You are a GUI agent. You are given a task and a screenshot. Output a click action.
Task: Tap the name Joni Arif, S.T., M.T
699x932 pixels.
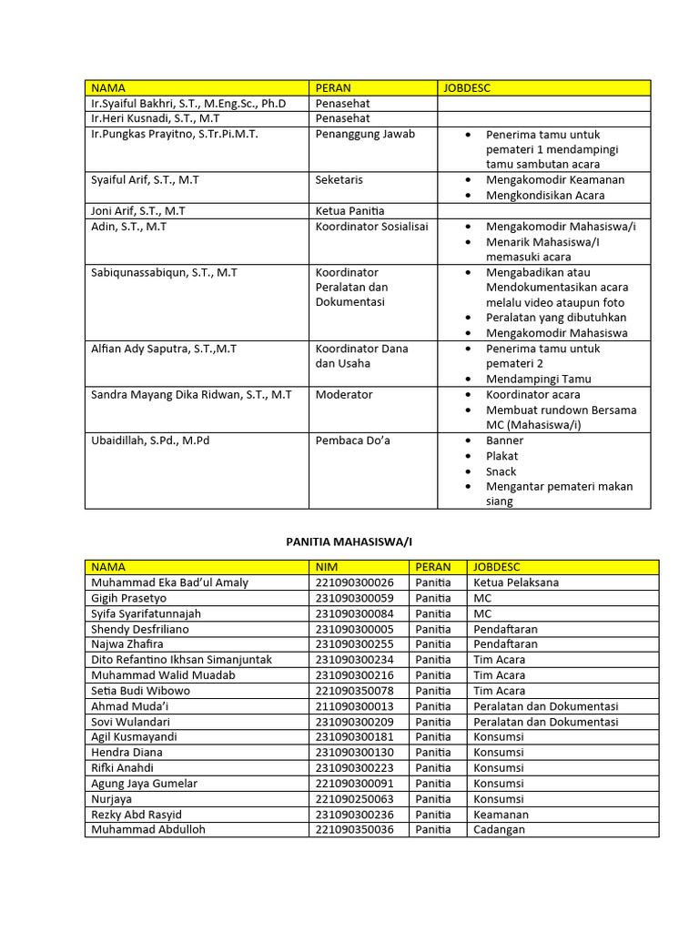pos(137,210)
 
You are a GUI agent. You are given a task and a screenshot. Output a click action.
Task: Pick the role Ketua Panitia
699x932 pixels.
pos(350,210)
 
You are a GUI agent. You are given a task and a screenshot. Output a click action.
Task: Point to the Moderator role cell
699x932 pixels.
pos(344,395)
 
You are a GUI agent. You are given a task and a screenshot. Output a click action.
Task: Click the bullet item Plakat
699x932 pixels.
pos(501,456)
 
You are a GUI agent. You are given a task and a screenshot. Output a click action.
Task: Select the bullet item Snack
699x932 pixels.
pos(501,471)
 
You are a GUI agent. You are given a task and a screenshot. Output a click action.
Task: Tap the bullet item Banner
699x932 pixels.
pos(504,441)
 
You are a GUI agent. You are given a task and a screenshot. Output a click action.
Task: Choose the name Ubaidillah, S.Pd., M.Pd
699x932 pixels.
pos(150,441)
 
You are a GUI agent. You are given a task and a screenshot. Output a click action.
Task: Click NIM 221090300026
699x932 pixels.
pos(355,582)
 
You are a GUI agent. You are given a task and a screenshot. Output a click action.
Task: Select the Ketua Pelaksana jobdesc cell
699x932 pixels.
pos(516,582)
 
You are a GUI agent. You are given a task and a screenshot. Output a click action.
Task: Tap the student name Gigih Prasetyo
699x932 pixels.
pos(129,598)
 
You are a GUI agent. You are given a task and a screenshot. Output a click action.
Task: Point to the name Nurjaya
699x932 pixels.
pos(112,799)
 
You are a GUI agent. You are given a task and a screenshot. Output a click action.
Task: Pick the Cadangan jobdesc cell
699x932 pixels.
pos(500,830)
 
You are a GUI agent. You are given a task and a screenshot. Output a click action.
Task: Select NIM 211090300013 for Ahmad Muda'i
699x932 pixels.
pos(355,706)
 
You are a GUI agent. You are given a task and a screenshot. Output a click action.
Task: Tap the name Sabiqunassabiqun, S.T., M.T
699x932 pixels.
pos(164,272)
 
